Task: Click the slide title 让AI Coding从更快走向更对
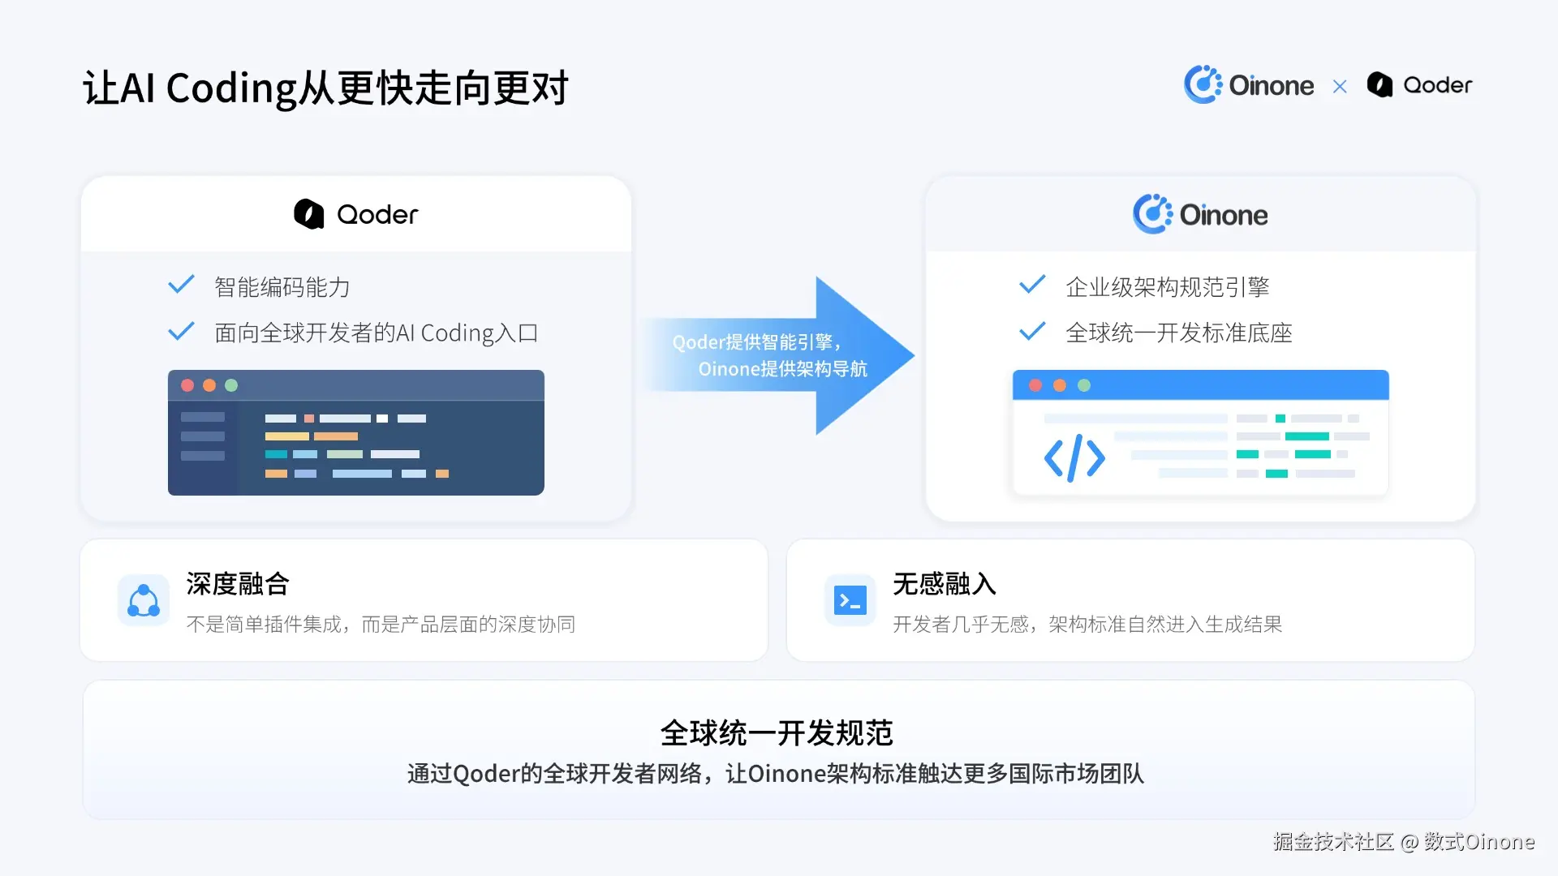tap(325, 88)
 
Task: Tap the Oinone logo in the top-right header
tap(1248, 84)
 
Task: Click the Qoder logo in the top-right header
tap(1419, 84)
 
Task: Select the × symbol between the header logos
tap(1340, 86)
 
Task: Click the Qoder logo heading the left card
tap(356, 214)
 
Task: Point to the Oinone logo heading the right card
tap(1200, 214)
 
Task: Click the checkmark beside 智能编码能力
tap(181, 285)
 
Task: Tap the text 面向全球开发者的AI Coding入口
tap(376, 333)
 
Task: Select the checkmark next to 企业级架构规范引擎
tap(1032, 285)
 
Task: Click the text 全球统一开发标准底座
tap(1178, 333)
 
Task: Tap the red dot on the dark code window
tap(187, 385)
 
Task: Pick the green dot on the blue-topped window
tap(1084, 385)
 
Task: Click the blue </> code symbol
tap(1074, 458)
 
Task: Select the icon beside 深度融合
tap(144, 600)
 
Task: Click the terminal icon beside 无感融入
tap(850, 600)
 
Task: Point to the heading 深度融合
tap(238, 583)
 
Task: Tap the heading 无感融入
tap(945, 583)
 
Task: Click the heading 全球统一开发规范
tap(777, 732)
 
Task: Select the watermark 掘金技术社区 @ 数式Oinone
tap(1404, 842)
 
